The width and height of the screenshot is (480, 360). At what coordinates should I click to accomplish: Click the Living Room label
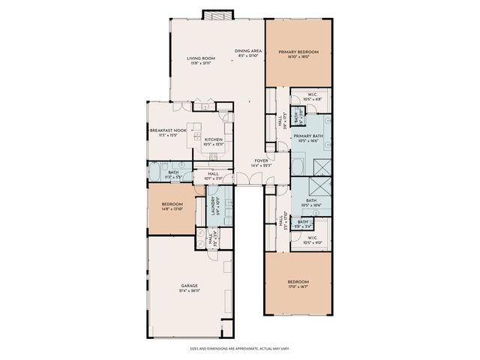pyautogui.click(x=201, y=58)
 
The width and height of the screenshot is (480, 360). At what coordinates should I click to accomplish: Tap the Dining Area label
pyautogui.click(x=247, y=50)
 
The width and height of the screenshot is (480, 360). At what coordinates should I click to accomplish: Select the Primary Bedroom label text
pyautogui.click(x=298, y=52)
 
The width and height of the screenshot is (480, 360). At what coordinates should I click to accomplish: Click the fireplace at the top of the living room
pyautogui.click(x=214, y=15)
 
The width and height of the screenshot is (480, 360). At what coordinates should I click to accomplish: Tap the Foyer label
pyautogui.click(x=261, y=160)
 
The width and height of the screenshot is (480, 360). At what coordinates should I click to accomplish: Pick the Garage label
pyautogui.click(x=189, y=286)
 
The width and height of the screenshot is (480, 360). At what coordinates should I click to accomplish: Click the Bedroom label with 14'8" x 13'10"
pyautogui.click(x=172, y=205)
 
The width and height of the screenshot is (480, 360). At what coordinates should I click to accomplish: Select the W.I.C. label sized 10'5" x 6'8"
pyautogui.click(x=314, y=94)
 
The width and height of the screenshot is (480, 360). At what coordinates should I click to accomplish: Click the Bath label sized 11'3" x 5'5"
pyautogui.click(x=173, y=172)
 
